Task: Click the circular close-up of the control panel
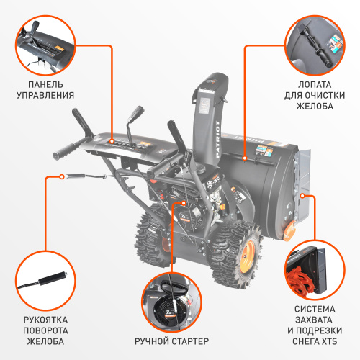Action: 44,45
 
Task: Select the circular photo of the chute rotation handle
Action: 44,282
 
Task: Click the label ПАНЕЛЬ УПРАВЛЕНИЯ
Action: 44,88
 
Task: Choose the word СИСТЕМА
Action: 315,309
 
